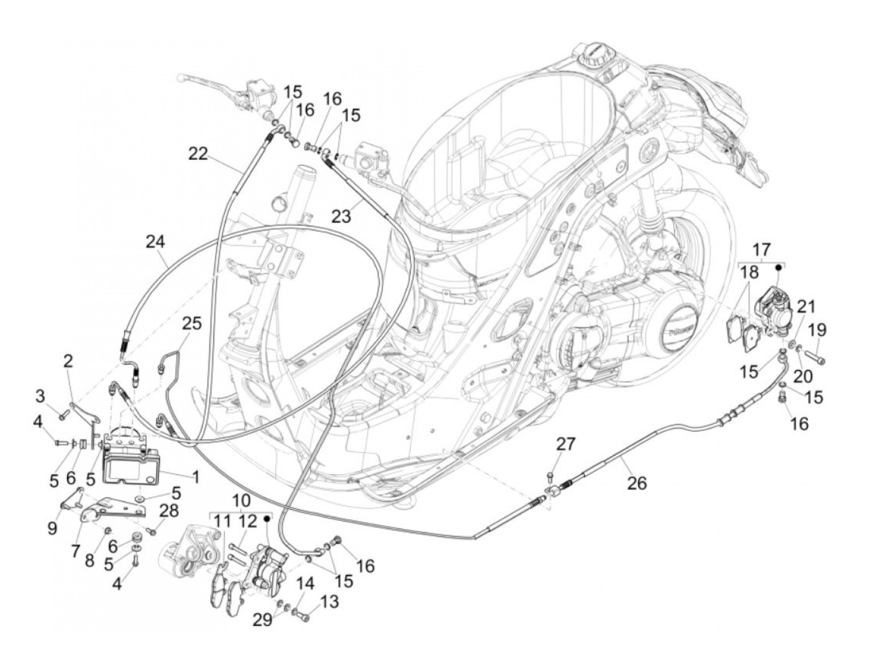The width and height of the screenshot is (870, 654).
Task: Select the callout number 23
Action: [341, 216]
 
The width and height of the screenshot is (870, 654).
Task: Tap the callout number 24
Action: [156, 241]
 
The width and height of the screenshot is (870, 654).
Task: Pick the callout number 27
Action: [566, 444]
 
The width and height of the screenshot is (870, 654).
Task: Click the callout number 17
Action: [761, 250]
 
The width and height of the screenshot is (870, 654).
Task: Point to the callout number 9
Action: [52, 527]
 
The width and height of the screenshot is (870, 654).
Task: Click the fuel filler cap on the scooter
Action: [595, 55]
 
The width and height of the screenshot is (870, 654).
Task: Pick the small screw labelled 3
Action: [62, 415]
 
